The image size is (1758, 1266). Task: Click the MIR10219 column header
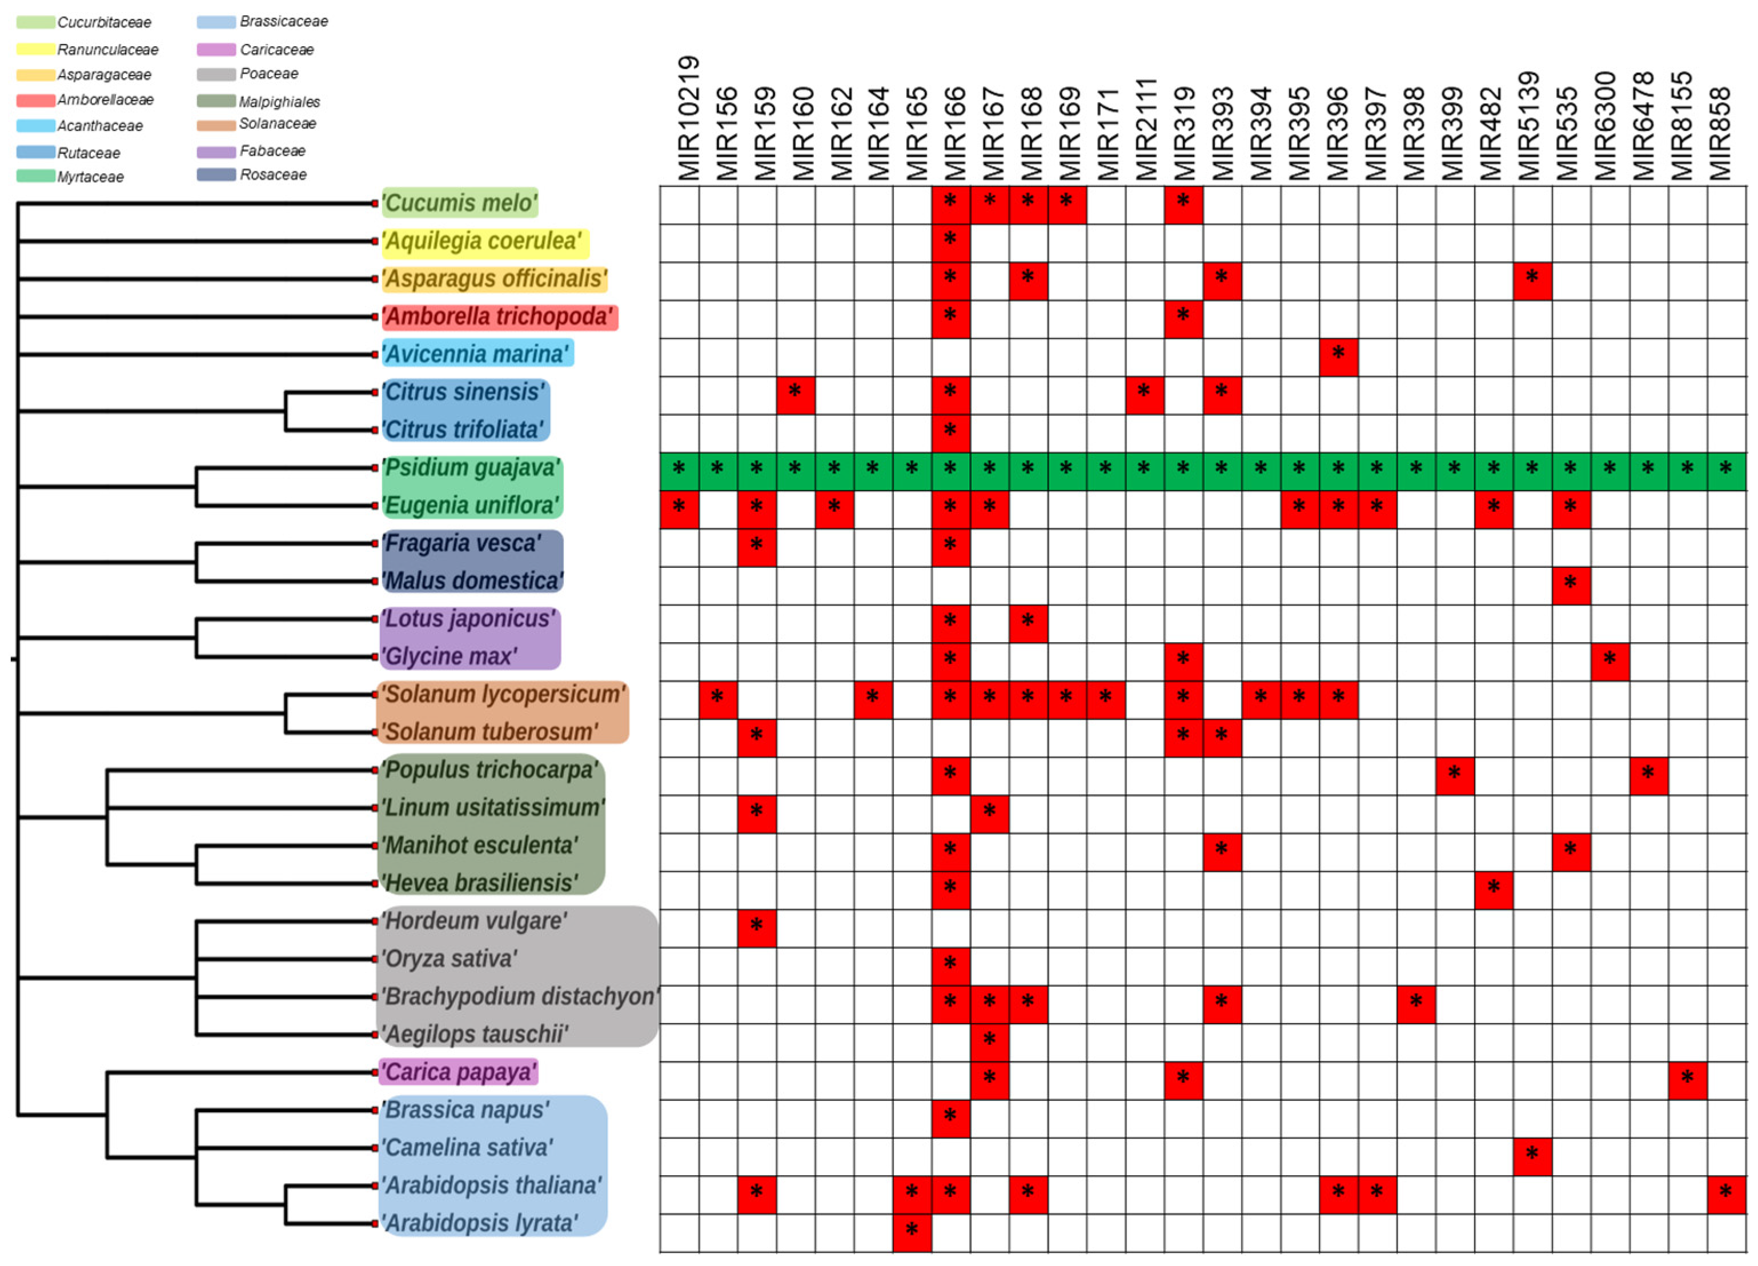point(688,118)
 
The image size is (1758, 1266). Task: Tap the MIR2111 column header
point(1145,129)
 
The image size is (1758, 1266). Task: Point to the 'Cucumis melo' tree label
point(460,203)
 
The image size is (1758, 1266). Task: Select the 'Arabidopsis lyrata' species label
point(480,1223)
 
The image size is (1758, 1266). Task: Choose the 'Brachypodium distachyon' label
point(519,996)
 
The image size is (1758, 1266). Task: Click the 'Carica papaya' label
point(459,1072)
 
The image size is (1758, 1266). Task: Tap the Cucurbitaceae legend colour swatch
point(35,22)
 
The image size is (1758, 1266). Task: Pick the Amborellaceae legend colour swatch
point(35,100)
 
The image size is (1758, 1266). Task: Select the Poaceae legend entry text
point(269,74)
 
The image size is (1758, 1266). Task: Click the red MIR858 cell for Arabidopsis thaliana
point(1725,1194)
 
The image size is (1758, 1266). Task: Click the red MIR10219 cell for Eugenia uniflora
point(679,510)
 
